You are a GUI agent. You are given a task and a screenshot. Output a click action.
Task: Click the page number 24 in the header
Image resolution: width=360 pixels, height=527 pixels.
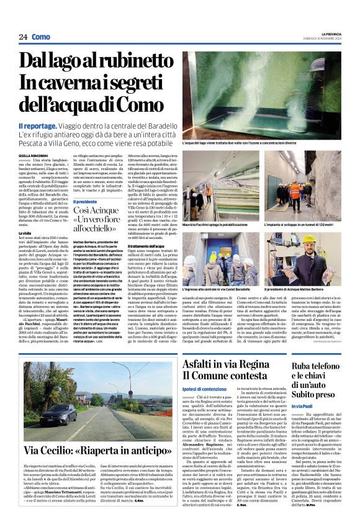pyautogui.click(x=23, y=37)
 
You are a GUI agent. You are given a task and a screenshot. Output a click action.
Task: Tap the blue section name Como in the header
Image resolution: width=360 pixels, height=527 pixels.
pyautogui.click(x=40, y=37)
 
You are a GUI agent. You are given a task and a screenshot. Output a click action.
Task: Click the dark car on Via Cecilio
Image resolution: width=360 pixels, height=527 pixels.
pyautogui.click(x=61, y=412)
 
